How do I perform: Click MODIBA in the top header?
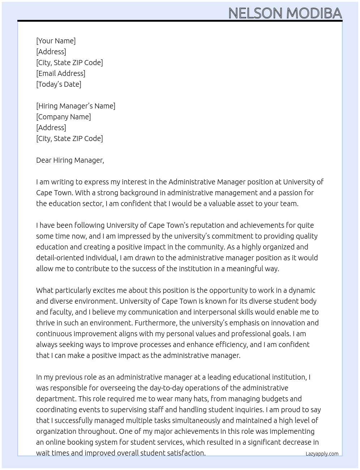314,13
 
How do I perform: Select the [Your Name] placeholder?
56,41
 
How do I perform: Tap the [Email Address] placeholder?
61,73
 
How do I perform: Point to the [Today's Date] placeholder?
59,84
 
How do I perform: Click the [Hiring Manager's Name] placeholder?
76,106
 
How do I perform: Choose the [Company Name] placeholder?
63,117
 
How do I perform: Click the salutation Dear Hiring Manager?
70,160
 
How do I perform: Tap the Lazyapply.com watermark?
322,454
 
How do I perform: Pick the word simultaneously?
196,420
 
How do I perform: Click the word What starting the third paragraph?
44,290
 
